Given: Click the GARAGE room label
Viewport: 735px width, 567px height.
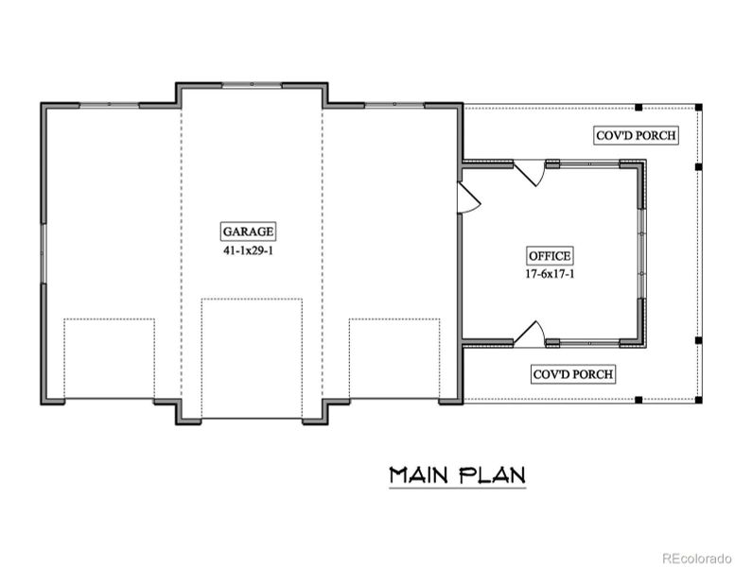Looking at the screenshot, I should pos(249,231).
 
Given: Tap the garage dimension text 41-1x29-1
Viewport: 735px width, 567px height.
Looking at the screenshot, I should pos(249,252).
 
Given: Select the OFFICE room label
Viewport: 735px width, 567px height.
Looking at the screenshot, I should pos(550,255).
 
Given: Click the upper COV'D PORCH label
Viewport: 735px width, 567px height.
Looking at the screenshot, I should pos(636,135).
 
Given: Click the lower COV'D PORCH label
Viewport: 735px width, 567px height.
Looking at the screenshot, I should pos(573,374).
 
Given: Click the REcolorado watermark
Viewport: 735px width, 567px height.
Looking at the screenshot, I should pos(695,557).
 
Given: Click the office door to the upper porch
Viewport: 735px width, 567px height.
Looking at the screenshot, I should pos(531,173).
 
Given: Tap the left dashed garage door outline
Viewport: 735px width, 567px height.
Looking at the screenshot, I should pos(109,358).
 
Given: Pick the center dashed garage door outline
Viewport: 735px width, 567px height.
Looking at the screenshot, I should pos(252,358).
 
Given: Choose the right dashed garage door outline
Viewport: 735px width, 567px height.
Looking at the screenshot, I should pos(394,358).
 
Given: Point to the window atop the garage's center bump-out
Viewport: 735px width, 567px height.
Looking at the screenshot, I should pos(252,85).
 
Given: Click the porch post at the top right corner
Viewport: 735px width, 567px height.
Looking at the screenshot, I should pos(698,106).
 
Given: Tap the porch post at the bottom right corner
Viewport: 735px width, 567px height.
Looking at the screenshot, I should pos(698,400).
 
